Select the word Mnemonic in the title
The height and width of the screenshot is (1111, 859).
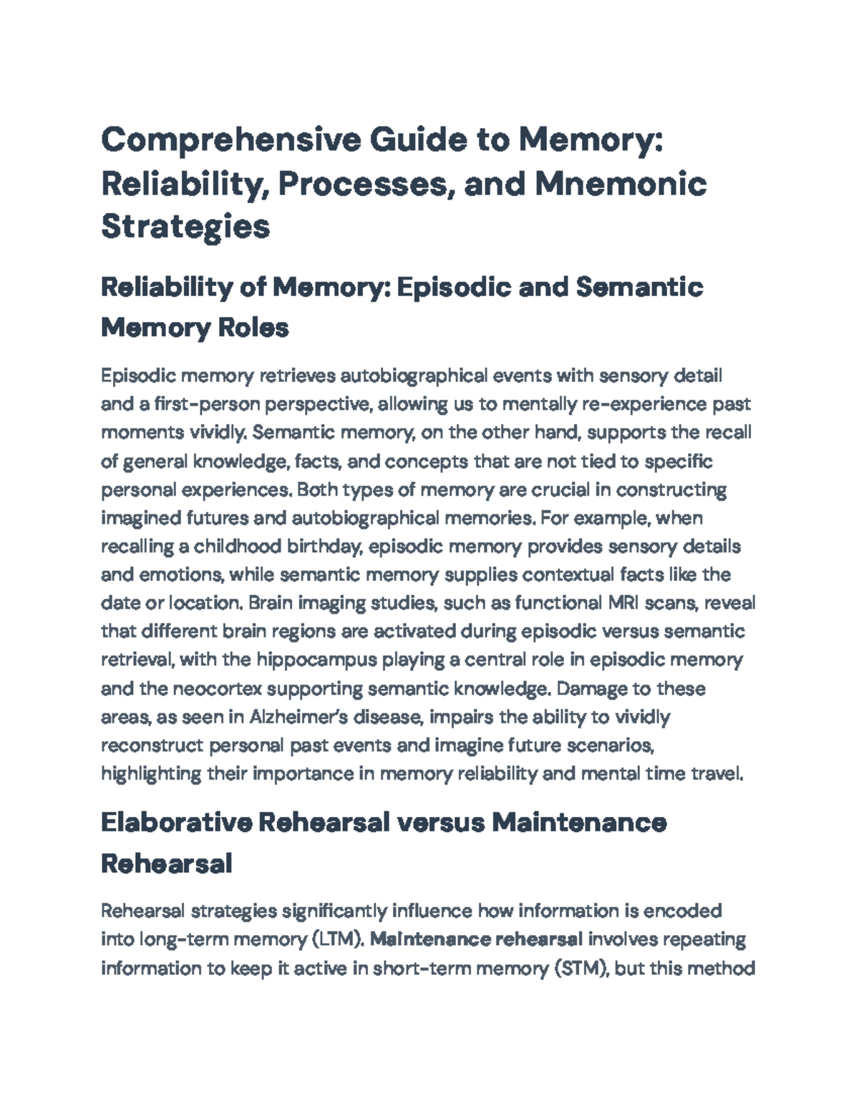tap(621, 183)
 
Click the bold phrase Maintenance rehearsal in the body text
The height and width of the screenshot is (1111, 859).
tap(477, 939)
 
